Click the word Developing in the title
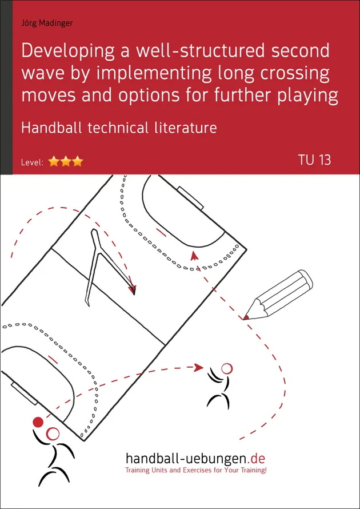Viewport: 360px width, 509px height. pyautogui.click(x=70, y=52)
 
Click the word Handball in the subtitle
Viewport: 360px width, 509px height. pyautogui.click(x=50, y=127)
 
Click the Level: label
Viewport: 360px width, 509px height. pyautogui.click(x=33, y=162)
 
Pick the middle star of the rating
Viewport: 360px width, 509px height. pyautogui.click(x=66, y=162)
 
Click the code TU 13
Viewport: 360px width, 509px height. pyautogui.click(x=314, y=160)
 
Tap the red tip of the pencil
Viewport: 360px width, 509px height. pyautogui.click(x=246, y=316)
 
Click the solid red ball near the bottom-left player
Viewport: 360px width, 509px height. pyautogui.click(x=38, y=422)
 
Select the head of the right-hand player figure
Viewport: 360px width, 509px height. pyautogui.click(x=227, y=369)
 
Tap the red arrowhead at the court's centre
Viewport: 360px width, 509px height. pyautogui.click(x=133, y=289)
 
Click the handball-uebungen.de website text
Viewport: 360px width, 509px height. pyautogui.click(x=195, y=459)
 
